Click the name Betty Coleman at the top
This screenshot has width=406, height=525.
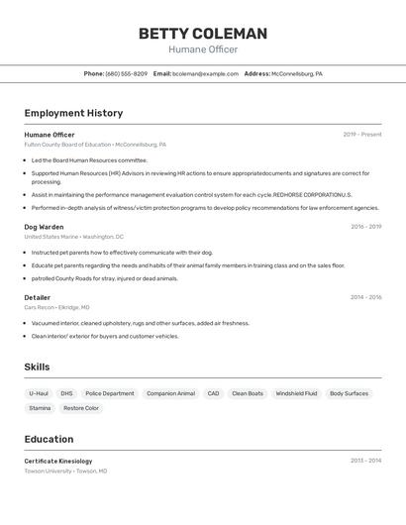pyautogui.click(x=203, y=34)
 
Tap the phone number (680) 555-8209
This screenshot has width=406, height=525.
pyautogui.click(x=126, y=73)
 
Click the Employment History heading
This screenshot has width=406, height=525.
pyautogui.click(x=73, y=113)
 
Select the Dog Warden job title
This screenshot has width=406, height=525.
pyautogui.click(x=44, y=227)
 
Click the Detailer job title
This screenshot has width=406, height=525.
pyautogui.click(x=38, y=297)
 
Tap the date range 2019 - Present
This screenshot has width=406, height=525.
pyautogui.click(x=362, y=135)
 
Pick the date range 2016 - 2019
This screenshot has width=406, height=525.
pyautogui.click(x=365, y=227)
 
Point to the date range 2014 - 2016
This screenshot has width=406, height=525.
pyautogui.click(x=365, y=297)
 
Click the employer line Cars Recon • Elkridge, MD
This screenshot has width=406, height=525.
pyautogui.click(x=56, y=307)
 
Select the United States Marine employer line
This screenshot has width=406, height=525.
pyautogui.click(x=74, y=237)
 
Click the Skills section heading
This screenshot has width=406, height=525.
pyautogui.click(x=37, y=367)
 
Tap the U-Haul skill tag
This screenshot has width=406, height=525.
pyautogui.click(x=39, y=393)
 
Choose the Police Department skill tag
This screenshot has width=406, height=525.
pyautogui.click(x=109, y=393)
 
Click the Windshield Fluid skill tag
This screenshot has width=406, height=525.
pyautogui.click(x=296, y=393)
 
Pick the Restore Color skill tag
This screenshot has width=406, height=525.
pyautogui.click(x=81, y=408)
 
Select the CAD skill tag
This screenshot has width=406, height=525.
pyautogui.click(x=213, y=393)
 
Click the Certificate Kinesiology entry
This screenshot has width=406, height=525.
pyautogui.click(x=58, y=461)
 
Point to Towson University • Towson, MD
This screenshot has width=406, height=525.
pyautogui.click(x=65, y=471)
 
